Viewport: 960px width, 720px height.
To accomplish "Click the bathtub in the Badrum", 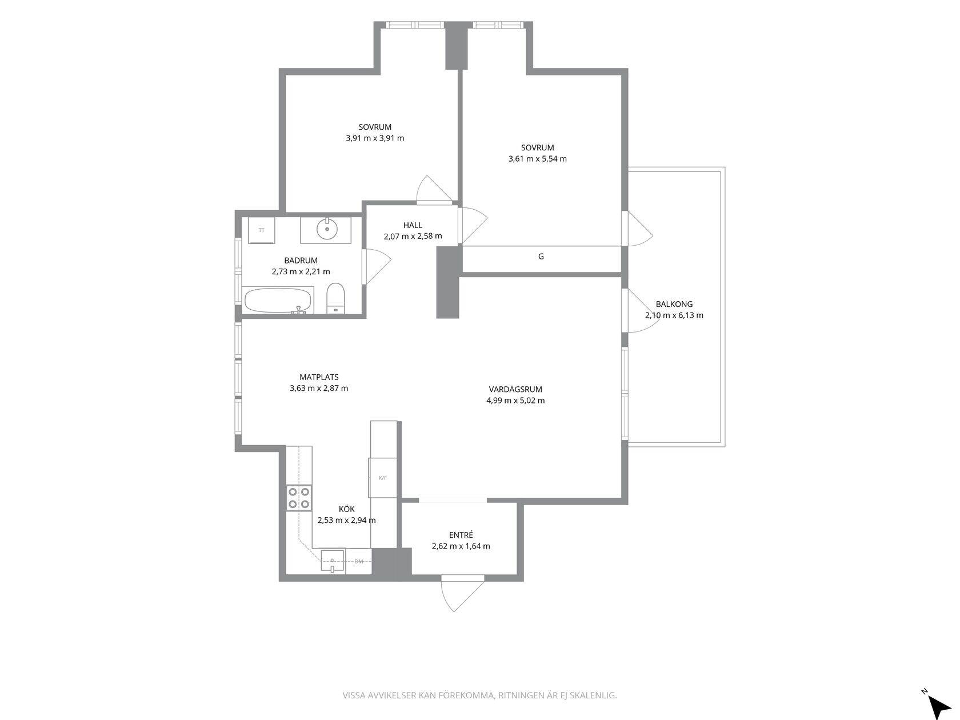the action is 278,301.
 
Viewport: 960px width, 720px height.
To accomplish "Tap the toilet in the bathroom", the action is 336,298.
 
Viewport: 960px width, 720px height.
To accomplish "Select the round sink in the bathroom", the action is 327,229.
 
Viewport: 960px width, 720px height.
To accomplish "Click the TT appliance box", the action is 262,230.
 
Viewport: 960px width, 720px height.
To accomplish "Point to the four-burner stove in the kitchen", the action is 299,498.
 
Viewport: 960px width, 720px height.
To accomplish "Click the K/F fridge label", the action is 383,478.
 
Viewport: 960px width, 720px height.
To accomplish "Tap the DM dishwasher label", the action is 359,561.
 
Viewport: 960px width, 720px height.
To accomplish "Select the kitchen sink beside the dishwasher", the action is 333,561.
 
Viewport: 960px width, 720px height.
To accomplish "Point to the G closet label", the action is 541,257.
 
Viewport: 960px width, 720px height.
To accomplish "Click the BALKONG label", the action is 674,304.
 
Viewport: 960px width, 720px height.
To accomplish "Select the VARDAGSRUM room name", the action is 515,389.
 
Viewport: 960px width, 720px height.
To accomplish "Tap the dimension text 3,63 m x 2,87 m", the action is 319,388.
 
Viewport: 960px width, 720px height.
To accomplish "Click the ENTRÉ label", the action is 461,535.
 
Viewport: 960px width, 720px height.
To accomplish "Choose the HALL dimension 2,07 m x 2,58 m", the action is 413,236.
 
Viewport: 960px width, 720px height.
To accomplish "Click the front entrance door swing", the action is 462,594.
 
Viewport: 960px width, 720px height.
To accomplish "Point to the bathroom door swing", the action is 377,267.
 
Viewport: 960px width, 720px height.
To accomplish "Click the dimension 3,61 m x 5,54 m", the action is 538,159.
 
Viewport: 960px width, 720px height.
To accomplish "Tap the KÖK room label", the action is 347,509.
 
